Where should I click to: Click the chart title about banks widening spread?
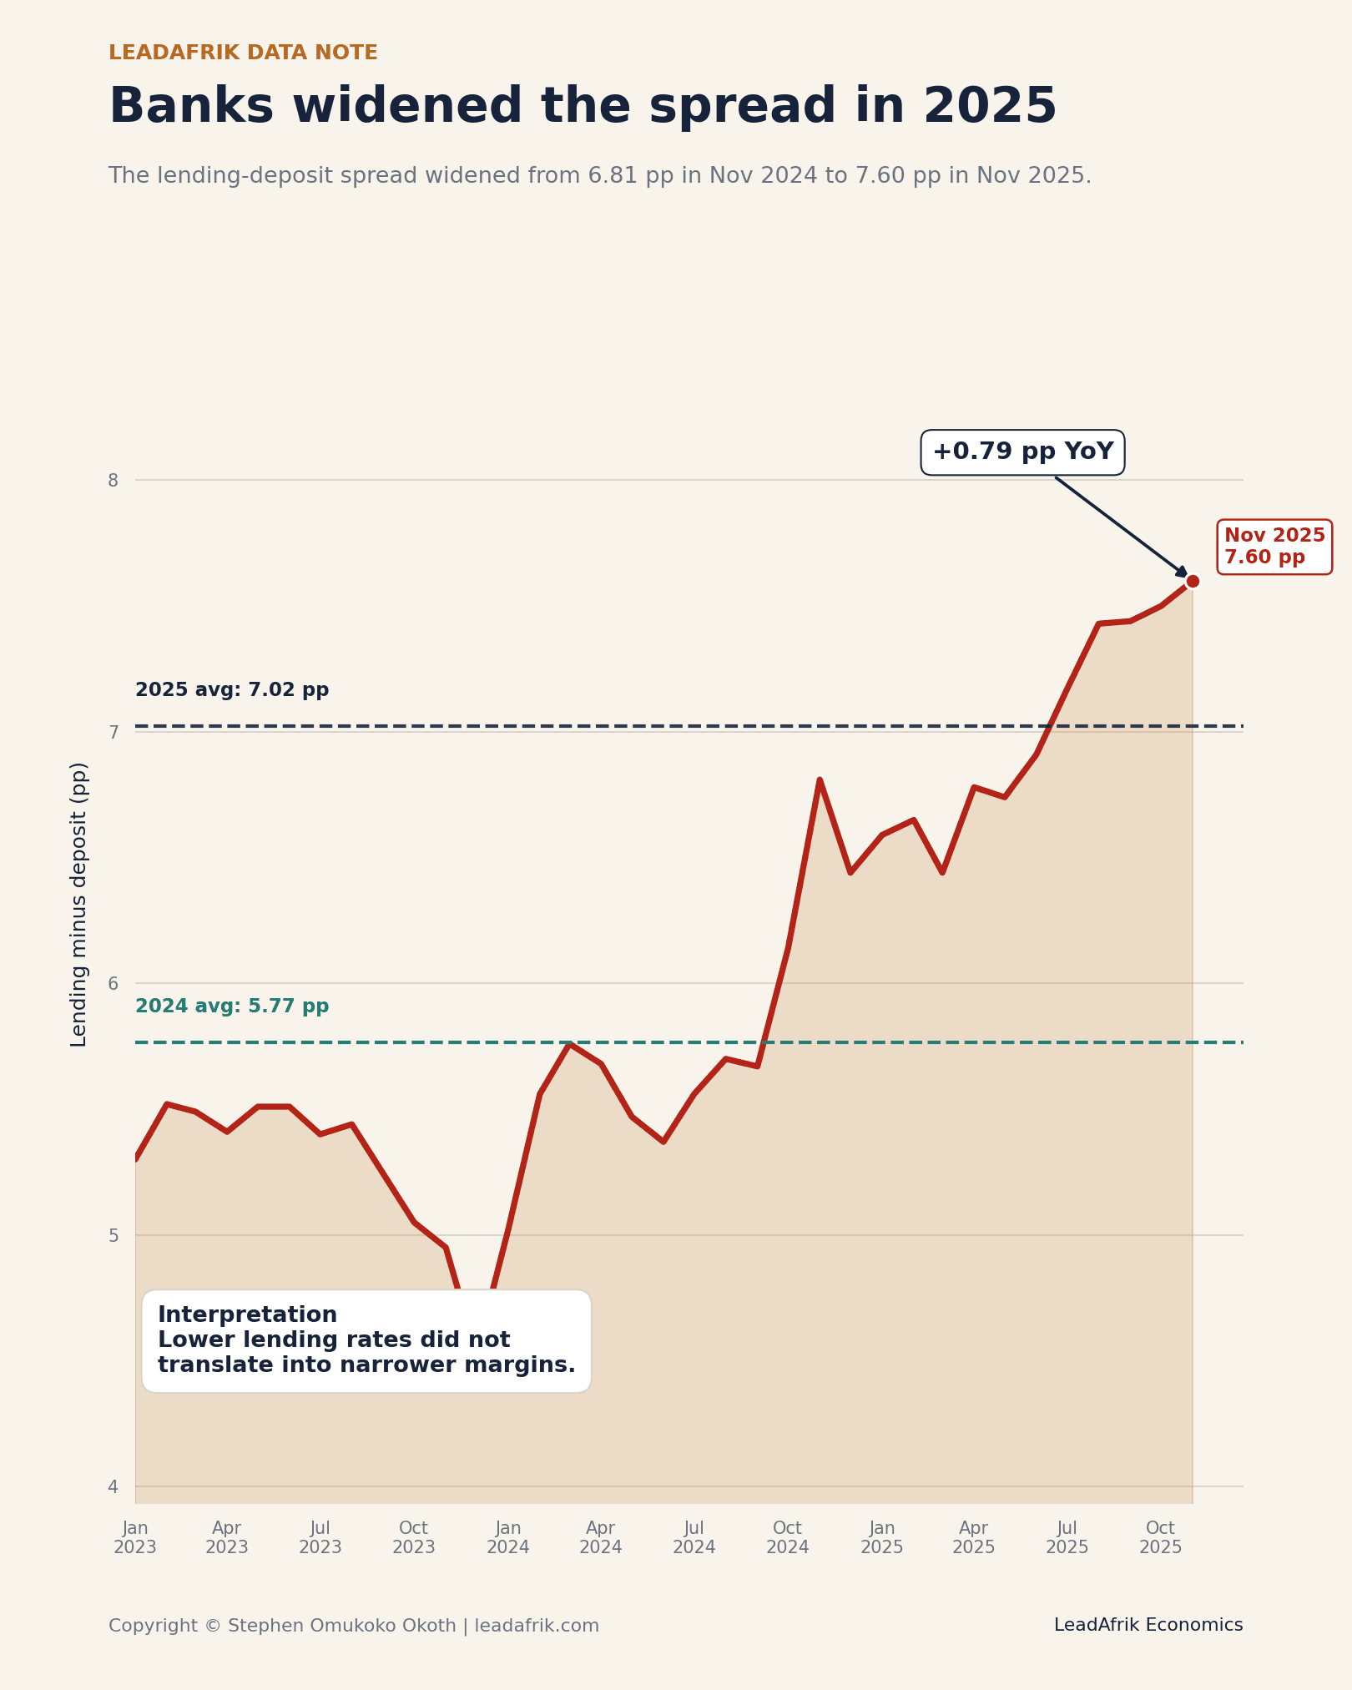(583, 107)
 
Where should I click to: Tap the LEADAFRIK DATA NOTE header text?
(243, 53)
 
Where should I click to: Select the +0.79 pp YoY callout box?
(1022, 452)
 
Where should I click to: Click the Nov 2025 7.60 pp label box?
(1274, 547)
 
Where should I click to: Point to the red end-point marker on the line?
(1193, 582)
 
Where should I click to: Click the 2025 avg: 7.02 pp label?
(232, 690)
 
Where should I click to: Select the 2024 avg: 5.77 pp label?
(232, 1006)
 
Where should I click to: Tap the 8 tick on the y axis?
(114, 480)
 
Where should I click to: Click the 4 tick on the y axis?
(114, 1486)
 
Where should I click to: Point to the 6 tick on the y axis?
(114, 983)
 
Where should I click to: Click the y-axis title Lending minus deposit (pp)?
(79, 904)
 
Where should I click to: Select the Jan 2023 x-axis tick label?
(135, 1537)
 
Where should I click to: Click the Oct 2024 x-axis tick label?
(787, 1537)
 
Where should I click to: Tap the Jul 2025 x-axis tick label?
(1067, 1537)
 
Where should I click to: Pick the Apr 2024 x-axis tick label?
(601, 1537)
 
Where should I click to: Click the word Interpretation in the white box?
(247, 1314)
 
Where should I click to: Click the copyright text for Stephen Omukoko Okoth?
(353, 1626)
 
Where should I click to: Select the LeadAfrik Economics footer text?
(1148, 1625)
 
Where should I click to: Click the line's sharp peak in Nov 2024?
(820, 780)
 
